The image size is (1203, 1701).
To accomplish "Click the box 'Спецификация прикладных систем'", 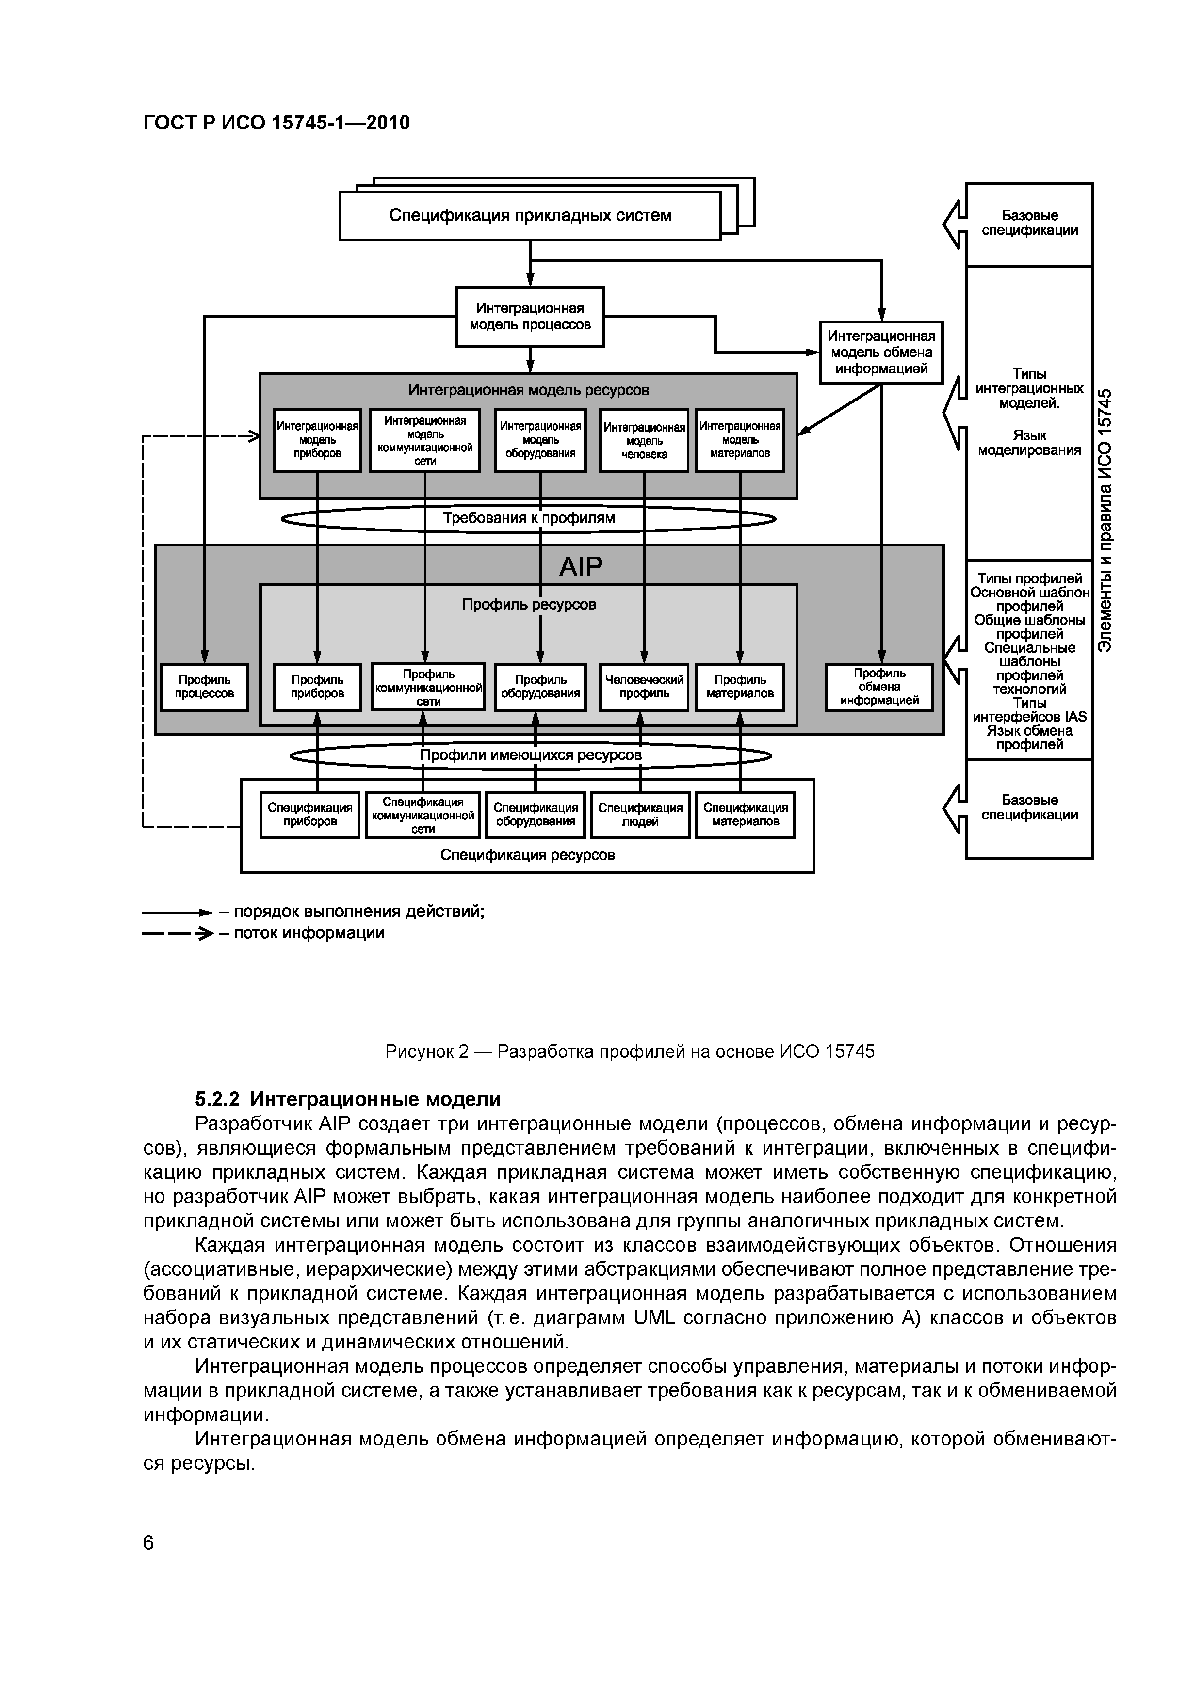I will point(530,216).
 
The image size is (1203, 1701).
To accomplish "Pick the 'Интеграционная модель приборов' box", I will point(317,440).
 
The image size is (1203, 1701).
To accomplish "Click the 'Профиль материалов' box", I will point(740,687).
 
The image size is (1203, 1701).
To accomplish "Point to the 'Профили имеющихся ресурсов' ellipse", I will point(530,755).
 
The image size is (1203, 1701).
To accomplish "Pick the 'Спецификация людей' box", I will point(640,815).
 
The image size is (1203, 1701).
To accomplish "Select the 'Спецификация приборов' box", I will point(310,815).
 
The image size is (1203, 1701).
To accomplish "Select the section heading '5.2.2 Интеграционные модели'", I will point(348,1099).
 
